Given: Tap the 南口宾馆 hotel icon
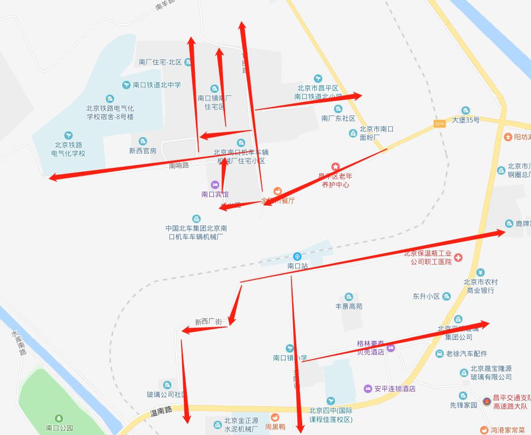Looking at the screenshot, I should coord(215,184).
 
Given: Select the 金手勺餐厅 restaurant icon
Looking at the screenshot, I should coord(277,191).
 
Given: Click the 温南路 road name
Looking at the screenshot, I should coord(161,411).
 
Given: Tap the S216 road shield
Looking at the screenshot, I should coord(439,123).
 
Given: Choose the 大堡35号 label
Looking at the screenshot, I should coord(466,120).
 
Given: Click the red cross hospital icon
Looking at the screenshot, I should coord(458,258).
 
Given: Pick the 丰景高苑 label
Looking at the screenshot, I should coord(349,306).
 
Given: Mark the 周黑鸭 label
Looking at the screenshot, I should coord(276,427).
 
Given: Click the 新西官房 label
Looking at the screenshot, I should coord(143,151).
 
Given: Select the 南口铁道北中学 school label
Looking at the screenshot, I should coord(157,84).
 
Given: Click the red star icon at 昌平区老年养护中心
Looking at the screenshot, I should coord(335,167).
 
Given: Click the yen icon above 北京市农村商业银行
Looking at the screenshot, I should coord(480,272).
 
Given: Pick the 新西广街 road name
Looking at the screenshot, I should coord(208,322).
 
